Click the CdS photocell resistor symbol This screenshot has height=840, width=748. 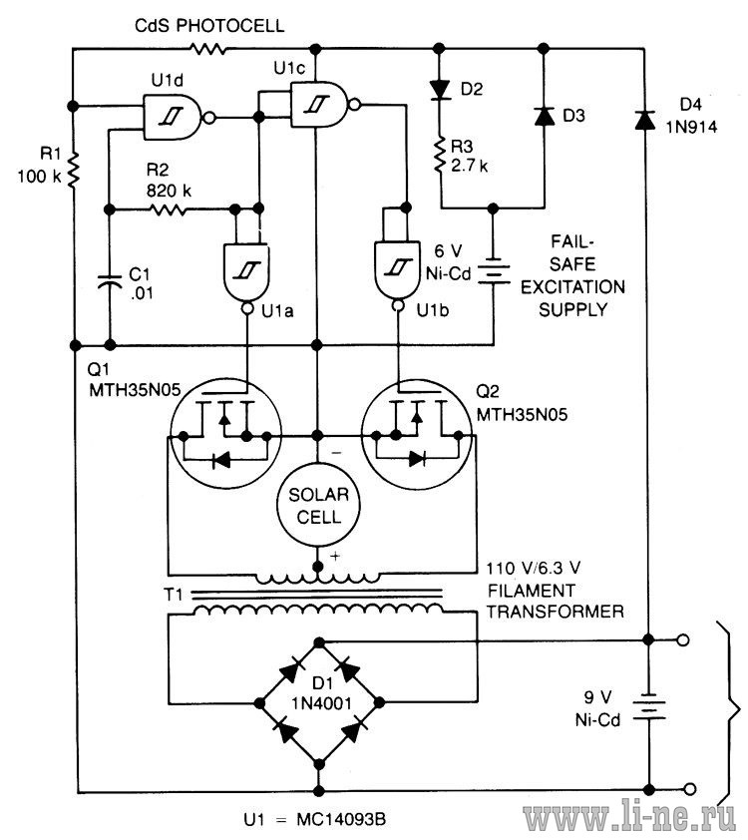pyautogui.click(x=207, y=49)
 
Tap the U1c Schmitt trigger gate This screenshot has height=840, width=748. pyautogui.click(x=325, y=104)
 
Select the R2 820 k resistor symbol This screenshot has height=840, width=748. pyautogui.click(x=169, y=210)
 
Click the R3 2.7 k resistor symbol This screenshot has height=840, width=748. pyautogui.click(x=440, y=156)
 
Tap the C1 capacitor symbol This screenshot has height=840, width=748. pyautogui.click(x=110, y=281)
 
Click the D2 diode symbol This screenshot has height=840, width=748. pyautogui.click(x=440, y=90)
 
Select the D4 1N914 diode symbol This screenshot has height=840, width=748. pyautogui.click(x=645, y=120)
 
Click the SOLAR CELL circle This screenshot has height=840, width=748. pyautogui.click(x=318, y=505)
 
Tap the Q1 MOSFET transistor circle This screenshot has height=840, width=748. pyautogui.click(x=225, y=433)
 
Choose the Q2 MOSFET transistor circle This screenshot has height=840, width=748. pyautogui.click(x=417, y=433)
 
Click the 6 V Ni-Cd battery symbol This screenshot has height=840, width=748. pyautogui.click(x=493, y=272)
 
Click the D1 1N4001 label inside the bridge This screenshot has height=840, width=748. pyautogui.click(x=321, y=692)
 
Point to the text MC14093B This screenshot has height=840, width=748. pyautogui.click(x=341, y=819)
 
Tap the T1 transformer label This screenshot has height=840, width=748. pyautogui.click(x=173, y=595)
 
